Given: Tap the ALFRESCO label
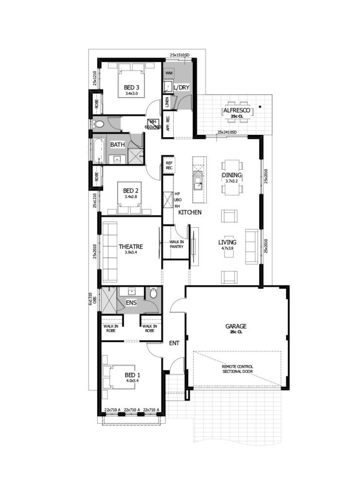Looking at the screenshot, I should tap(236, 110).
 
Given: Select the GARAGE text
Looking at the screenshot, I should tap(235, 326).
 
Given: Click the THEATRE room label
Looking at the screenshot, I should tap(130, 247).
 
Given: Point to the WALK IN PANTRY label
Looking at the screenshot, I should tap(176, 244).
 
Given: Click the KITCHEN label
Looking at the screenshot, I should tap(190, 213).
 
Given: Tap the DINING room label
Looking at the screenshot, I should tap(232, 175).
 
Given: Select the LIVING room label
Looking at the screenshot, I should tap(227, 242).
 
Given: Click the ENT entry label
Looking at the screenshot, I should tap(174, 343).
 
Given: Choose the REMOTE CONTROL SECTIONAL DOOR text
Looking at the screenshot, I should tap(237, 369).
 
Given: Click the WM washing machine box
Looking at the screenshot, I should tap(169, 73).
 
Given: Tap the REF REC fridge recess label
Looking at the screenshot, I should tap(169, 165).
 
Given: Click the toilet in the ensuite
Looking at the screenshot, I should tap(153, 293).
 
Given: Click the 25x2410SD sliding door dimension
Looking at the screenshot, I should tap(227, 132).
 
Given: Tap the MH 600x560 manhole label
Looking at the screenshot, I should tap(152, 124).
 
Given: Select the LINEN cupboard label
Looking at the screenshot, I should tap(167, 102).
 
